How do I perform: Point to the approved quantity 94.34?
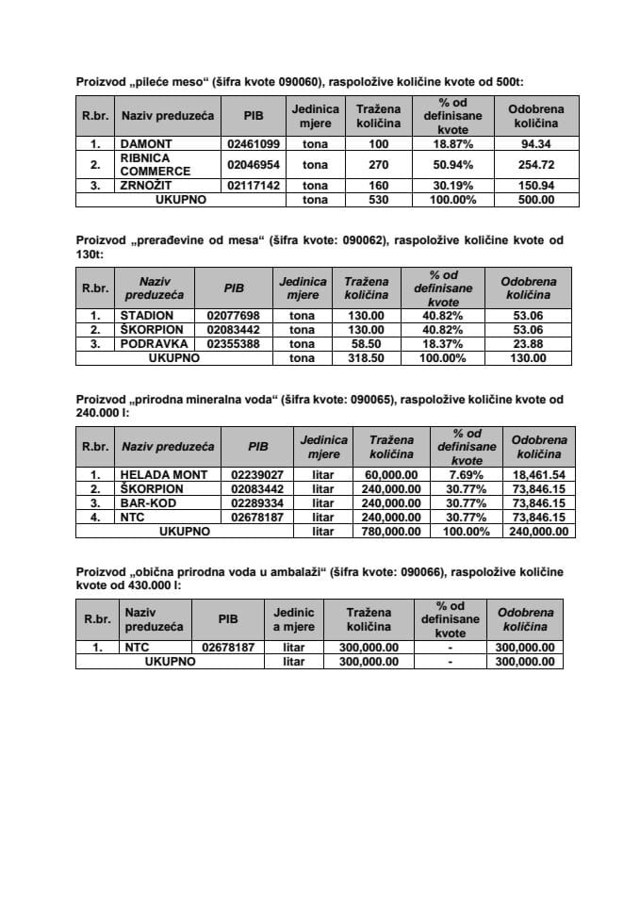coord(534,145)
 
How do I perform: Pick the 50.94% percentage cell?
coord(452,165)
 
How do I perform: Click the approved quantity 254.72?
coord(534,165)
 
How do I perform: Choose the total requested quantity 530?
coord(378,199)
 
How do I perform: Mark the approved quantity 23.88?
coord(528,344)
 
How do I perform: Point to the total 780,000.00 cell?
coord(391,532)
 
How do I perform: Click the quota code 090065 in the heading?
coord(371,400)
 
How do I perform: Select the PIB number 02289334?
coord(256,503)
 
